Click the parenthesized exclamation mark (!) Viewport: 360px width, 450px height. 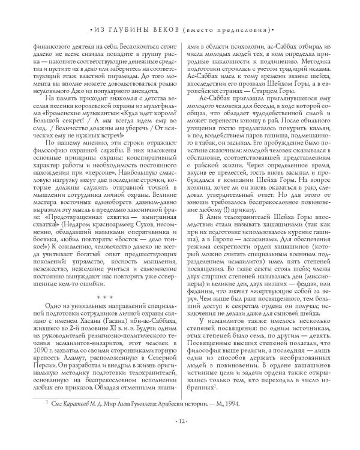coord(235,233)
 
